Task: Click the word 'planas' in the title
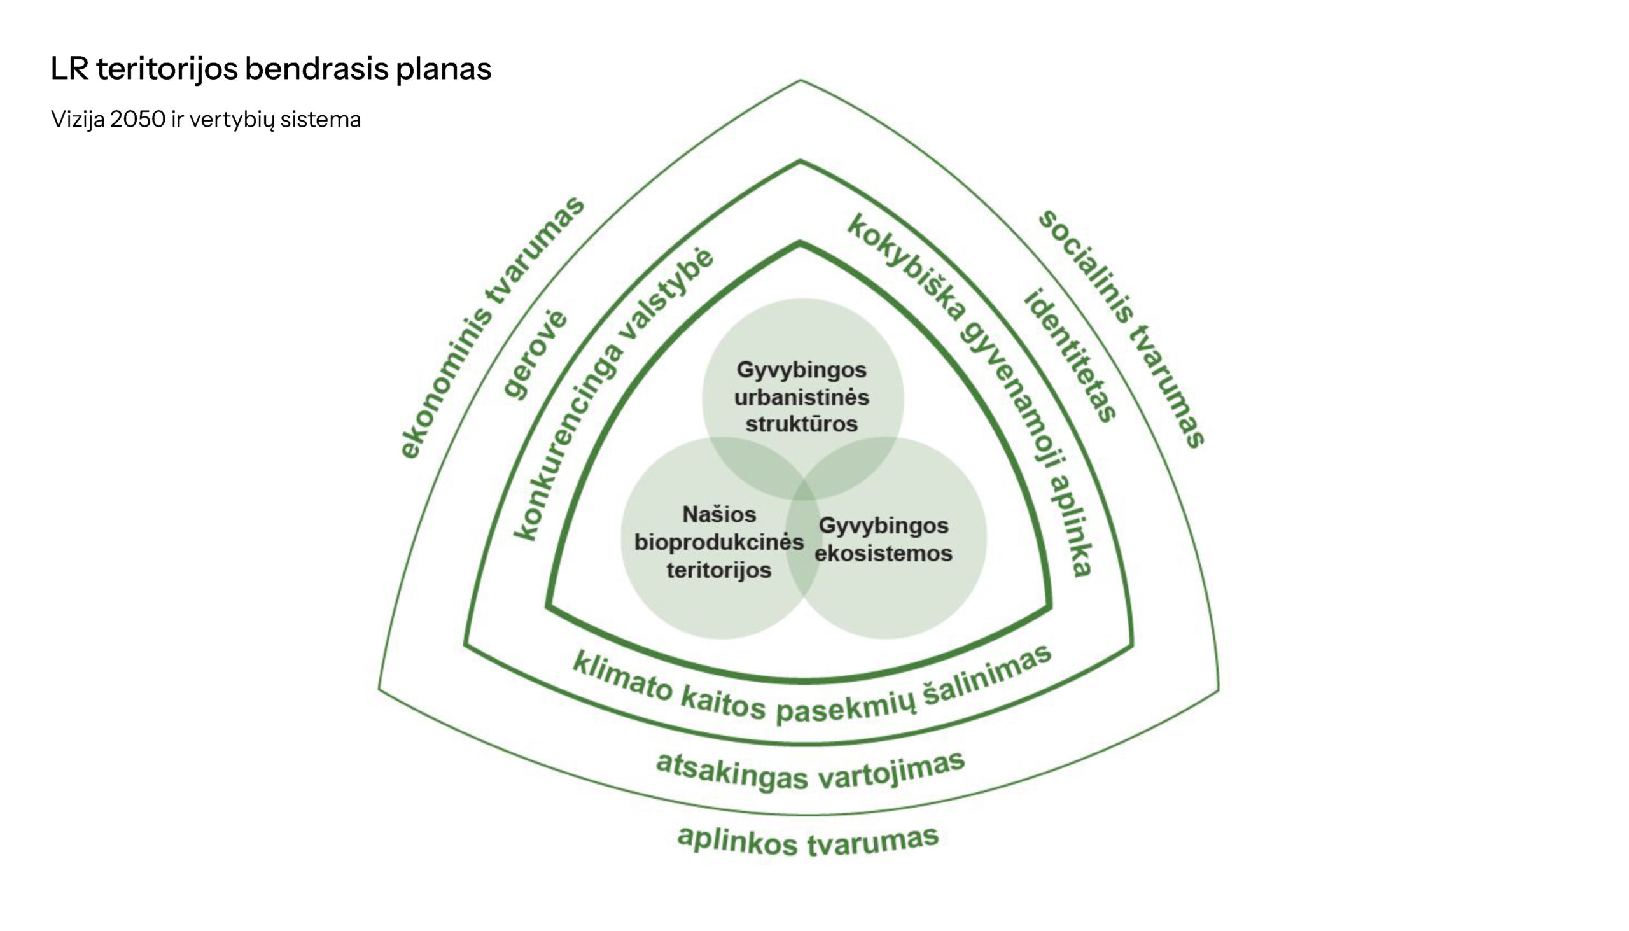tap(443, 70)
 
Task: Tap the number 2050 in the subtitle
tap(137, 120)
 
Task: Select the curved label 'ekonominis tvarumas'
tap(491, 327)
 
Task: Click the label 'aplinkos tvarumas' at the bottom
tap(808, 841)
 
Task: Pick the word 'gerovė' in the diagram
tap(536, 355)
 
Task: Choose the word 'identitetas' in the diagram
tap(1071, 355)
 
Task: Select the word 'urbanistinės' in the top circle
tap(802, 397)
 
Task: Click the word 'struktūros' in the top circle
tap(802, 424)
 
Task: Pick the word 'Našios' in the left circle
tap(719, 514)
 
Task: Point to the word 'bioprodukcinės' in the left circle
tap(719, 542)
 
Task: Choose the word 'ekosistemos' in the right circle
tap(884, 553)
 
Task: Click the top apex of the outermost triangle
tap(801, 81)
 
